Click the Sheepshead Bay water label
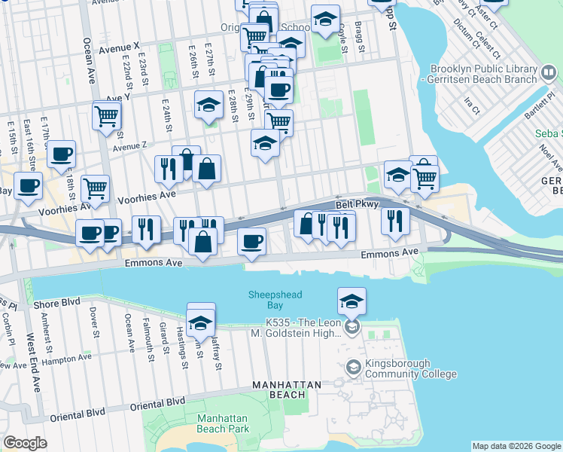(267, 300)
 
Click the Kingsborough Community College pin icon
(352, 368)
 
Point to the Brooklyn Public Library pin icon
(549, 73)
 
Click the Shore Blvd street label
(56, 304)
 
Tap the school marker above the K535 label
(351, 301)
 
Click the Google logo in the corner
(25, 443)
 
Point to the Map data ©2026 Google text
(516, 446)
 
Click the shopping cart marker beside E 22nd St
(107, 115)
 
